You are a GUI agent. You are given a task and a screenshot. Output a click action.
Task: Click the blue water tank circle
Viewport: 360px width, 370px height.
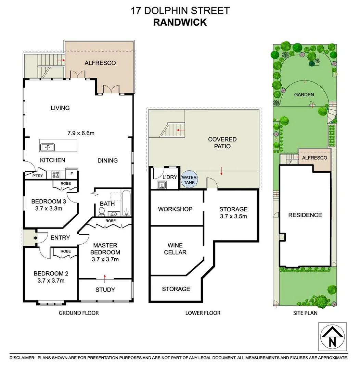click(x=189, y=180)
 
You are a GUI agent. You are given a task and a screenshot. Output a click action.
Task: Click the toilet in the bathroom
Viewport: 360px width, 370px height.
click(x=102, y=212)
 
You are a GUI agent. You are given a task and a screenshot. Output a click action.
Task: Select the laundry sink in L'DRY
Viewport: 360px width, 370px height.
click(x=161, y=185)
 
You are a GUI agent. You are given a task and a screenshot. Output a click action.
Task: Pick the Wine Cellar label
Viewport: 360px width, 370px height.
click(x=175, y=249)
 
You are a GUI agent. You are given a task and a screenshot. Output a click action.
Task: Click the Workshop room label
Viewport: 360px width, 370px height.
click(x=175, y=209)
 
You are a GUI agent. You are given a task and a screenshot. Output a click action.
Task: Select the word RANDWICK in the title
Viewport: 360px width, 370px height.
click(x=180, y=22)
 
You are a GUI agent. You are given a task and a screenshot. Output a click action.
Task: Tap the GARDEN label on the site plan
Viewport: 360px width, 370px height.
click(x=304, y=95)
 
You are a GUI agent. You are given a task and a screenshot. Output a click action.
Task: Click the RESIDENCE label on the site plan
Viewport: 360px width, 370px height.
click(x=305, y=215)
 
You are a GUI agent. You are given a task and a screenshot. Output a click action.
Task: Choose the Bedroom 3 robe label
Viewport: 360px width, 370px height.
click(x=66, y=184)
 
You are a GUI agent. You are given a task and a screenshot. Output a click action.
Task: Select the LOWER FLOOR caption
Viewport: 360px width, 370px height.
click(x=203, y=313)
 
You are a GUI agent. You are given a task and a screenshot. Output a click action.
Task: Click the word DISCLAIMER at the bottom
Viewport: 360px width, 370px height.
click(x=22, y=358)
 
